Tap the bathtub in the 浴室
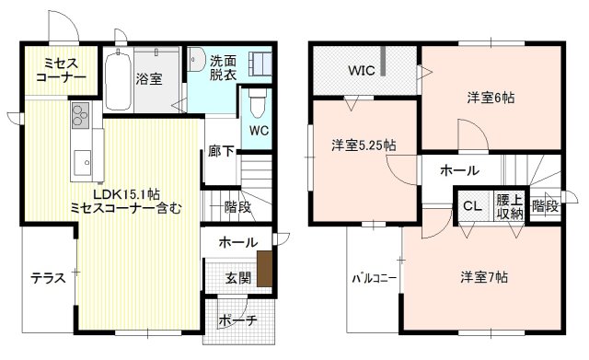[115, 79]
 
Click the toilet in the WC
[257, 99]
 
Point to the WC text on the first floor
[259, 130]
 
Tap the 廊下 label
[220, 151]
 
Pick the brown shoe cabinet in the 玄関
[264, 268]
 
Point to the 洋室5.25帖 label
[364, 145]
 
